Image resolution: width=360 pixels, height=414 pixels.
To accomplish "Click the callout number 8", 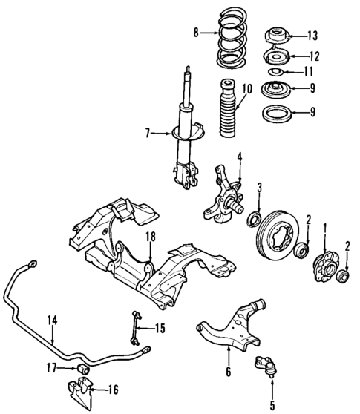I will (196, 32).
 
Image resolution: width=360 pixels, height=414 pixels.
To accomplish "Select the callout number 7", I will (149, 134).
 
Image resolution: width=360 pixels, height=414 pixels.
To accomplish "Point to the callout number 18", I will (150, 237).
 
